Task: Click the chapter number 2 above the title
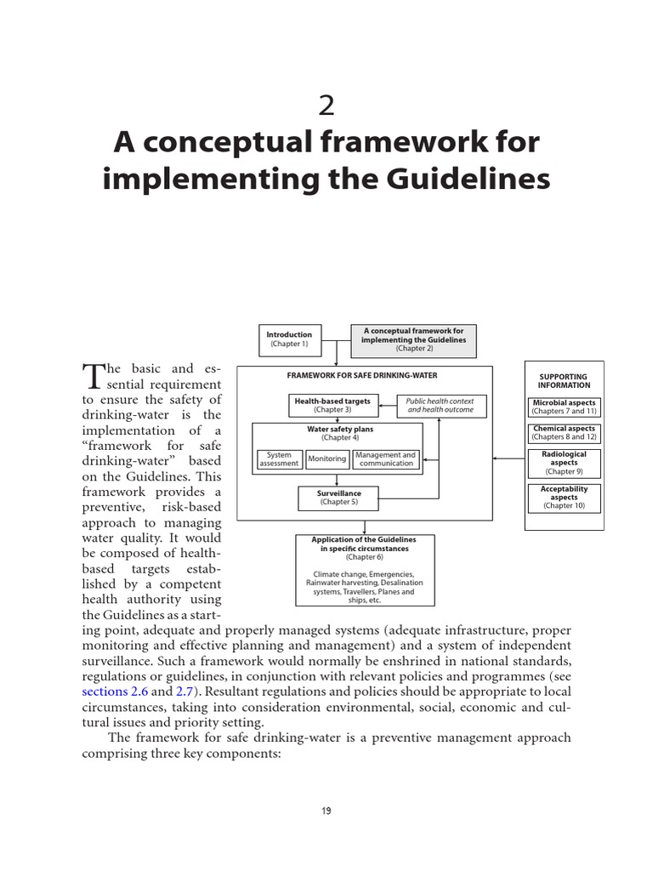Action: pyautogui.click(x=326, y=106)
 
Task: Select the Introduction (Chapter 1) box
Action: pyautogui.click(x=289, y=339)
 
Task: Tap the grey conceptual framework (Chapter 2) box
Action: pyautogui.click(x=414, y=339)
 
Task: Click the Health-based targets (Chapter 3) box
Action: pyautogui.click(x=332, y=405)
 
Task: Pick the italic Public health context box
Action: pyautogui.click(x=439, y=405)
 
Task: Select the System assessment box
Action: pyautogui.click(x=279, y=459)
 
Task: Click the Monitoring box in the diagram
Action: pyautogui.click(x=327, y=459)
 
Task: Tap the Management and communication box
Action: pyautogui.click(x=386, y=459)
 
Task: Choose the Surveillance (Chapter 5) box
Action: pyautogui.click(x=338, y=498)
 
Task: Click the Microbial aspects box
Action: pyautogui.click(x=564, y=407)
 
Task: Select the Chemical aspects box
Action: pyautogui.click(x=564, y=433)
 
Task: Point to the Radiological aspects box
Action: pyautogui.click(x=564, y=463)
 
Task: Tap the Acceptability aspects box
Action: pyautogui.click(x=564, y=498)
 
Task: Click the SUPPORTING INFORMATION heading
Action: pyautogui.click(x=563, y=381)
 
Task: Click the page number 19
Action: pyautogui.click(x=326, y=811)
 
